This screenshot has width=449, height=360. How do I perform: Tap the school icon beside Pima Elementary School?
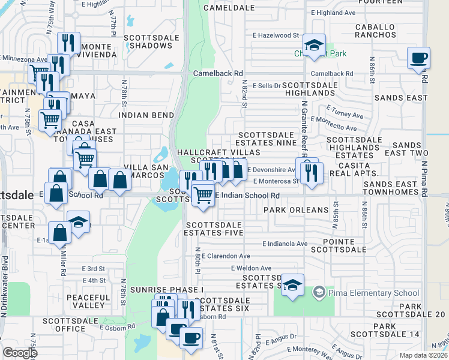319,292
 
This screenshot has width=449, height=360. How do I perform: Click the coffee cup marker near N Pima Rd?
418,58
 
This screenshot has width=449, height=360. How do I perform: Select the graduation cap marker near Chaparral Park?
313,45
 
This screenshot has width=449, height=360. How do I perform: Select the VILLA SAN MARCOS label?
145,171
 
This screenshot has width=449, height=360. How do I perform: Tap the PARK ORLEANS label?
296,210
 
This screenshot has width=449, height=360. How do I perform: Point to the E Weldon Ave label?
252,268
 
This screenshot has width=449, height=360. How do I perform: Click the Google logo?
20,353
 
